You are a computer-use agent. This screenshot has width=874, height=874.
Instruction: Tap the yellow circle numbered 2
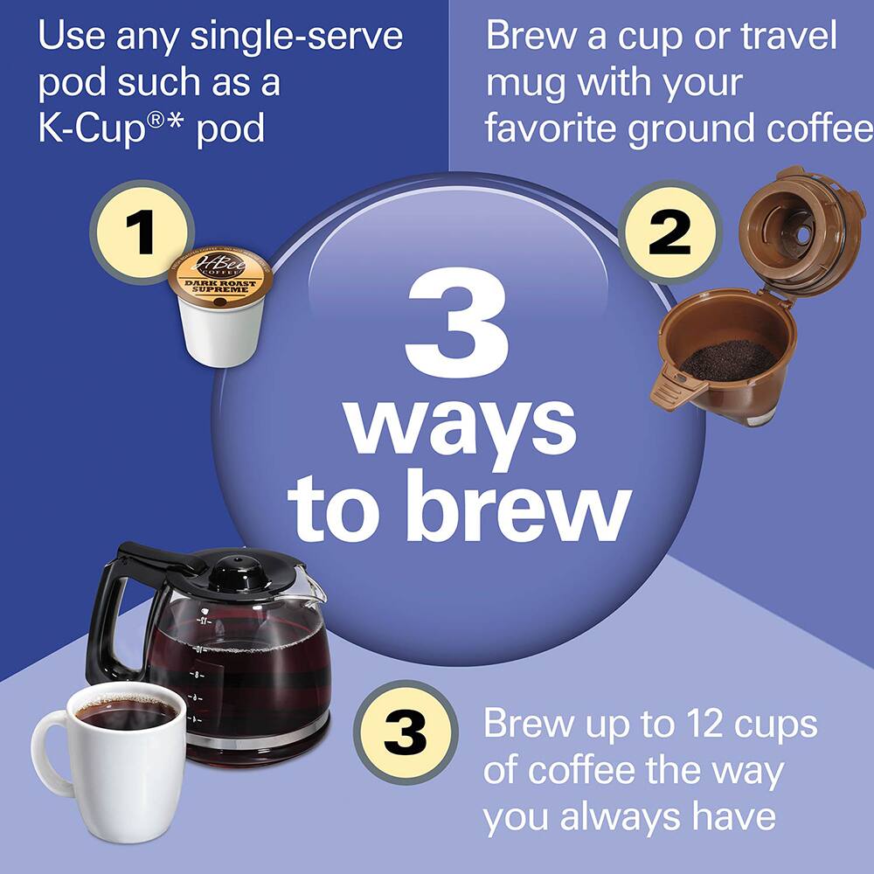(x=669, y=232)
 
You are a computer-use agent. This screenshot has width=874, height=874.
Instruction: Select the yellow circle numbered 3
(x=406, y=732)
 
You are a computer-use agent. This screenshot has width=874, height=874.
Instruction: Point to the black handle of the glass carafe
(x=109, y=612)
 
